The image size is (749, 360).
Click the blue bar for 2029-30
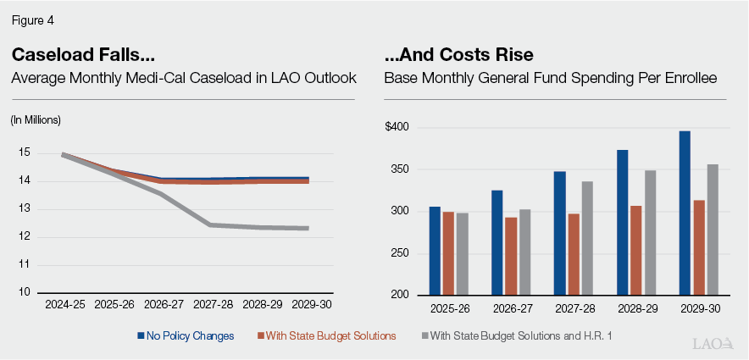pos(685,213)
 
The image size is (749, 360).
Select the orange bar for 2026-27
pos(510,256)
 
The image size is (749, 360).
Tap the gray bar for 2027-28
pos(588,238)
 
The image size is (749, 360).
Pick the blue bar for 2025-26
pos(435,251)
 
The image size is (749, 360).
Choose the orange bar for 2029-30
pos(698,247)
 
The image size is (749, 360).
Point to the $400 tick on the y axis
pos(397,128)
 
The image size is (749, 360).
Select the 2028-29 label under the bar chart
pos(636,308)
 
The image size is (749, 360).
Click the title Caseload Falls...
pos(83,55)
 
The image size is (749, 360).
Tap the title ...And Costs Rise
pos(458,55)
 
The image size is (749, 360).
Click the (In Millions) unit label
pos(36,119)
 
